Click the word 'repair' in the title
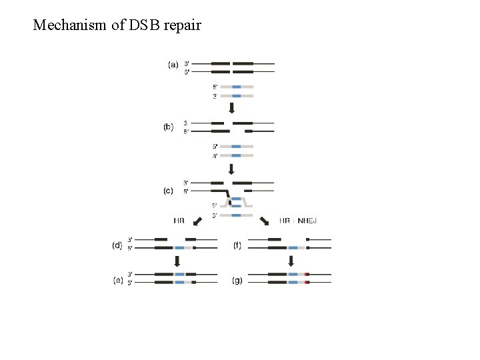[x=181, y=26]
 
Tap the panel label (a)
[x=173, y=65]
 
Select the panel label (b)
[x=169, y=127]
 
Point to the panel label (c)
[x=169, y=191]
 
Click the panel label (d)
[x=117, y=245]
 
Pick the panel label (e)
[x=118, y=281]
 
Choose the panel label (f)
[x=237, y=245]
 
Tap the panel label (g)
[x=237, y=281]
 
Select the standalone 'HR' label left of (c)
[x=179, y=221]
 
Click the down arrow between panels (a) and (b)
[x=232, y=107]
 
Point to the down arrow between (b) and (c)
[x=232, y=169]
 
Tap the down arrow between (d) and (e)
[x=177, y=261]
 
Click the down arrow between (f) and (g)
[x=291, y=261]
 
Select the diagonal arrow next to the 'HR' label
[x=197, y=221]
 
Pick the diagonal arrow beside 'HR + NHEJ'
[x=265, y=221]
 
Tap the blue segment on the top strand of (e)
[x=180, y=274]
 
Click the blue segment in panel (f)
[x=293, y=247]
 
